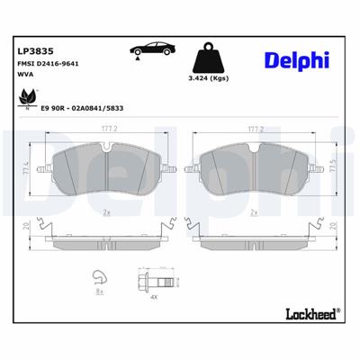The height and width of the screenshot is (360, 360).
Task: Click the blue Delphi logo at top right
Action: pos(297,59)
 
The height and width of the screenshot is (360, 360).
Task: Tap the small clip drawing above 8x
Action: pos(102,278)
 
